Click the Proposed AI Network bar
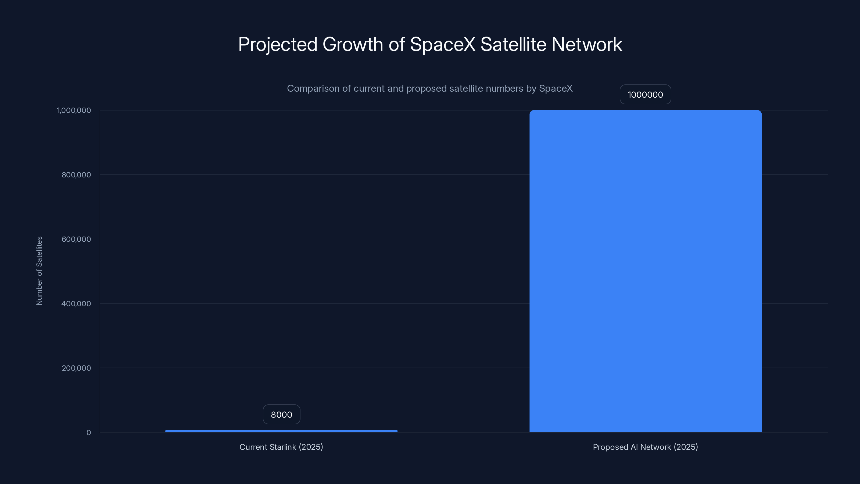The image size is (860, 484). click(645, 271)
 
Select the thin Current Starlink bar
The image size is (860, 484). click(281, 431)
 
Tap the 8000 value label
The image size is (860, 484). click(281, 415)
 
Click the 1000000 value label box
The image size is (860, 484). click(645, 95)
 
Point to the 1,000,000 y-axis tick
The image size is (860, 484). click(74, 110)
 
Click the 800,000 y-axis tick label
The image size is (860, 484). click(76, 175)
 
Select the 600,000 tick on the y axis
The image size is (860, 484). click(76, 239)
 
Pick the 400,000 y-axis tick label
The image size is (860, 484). click(76, 304)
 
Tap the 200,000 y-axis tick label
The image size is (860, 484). click(76, 368)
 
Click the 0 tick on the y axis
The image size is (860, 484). click(88, 433)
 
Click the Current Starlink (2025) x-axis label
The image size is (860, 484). click(281, 447)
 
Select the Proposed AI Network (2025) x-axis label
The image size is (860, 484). click(645, 447)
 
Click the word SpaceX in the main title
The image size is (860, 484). click(442, 44)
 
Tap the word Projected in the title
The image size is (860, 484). click(277, 45)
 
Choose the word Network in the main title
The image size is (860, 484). click(587, 44)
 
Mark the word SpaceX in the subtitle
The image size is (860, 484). click(556, 88)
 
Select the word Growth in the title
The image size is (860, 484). click(353, 44)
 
